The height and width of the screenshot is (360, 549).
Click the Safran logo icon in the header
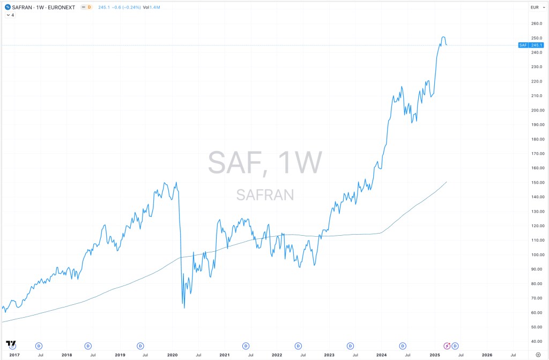(7, 7)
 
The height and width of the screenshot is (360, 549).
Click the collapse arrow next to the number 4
(8, 15)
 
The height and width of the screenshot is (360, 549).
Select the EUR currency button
(534, 7)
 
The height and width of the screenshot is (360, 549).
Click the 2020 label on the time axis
(173, 355)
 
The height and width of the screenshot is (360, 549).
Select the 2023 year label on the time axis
(329, 355)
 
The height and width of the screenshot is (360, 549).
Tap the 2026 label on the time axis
(487, 355)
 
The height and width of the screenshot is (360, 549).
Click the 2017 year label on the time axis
(14, 355)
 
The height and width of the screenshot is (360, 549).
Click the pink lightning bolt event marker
(447, 346)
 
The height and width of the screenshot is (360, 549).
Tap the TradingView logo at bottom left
(10, 343)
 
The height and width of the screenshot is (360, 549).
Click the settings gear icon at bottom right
(538, 354)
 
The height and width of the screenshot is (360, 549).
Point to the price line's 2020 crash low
(184, 307)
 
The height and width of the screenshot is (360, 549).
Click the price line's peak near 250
(443, 37)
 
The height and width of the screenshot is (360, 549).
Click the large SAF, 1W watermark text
(265, 162)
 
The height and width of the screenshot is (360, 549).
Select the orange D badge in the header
(89, 7)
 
